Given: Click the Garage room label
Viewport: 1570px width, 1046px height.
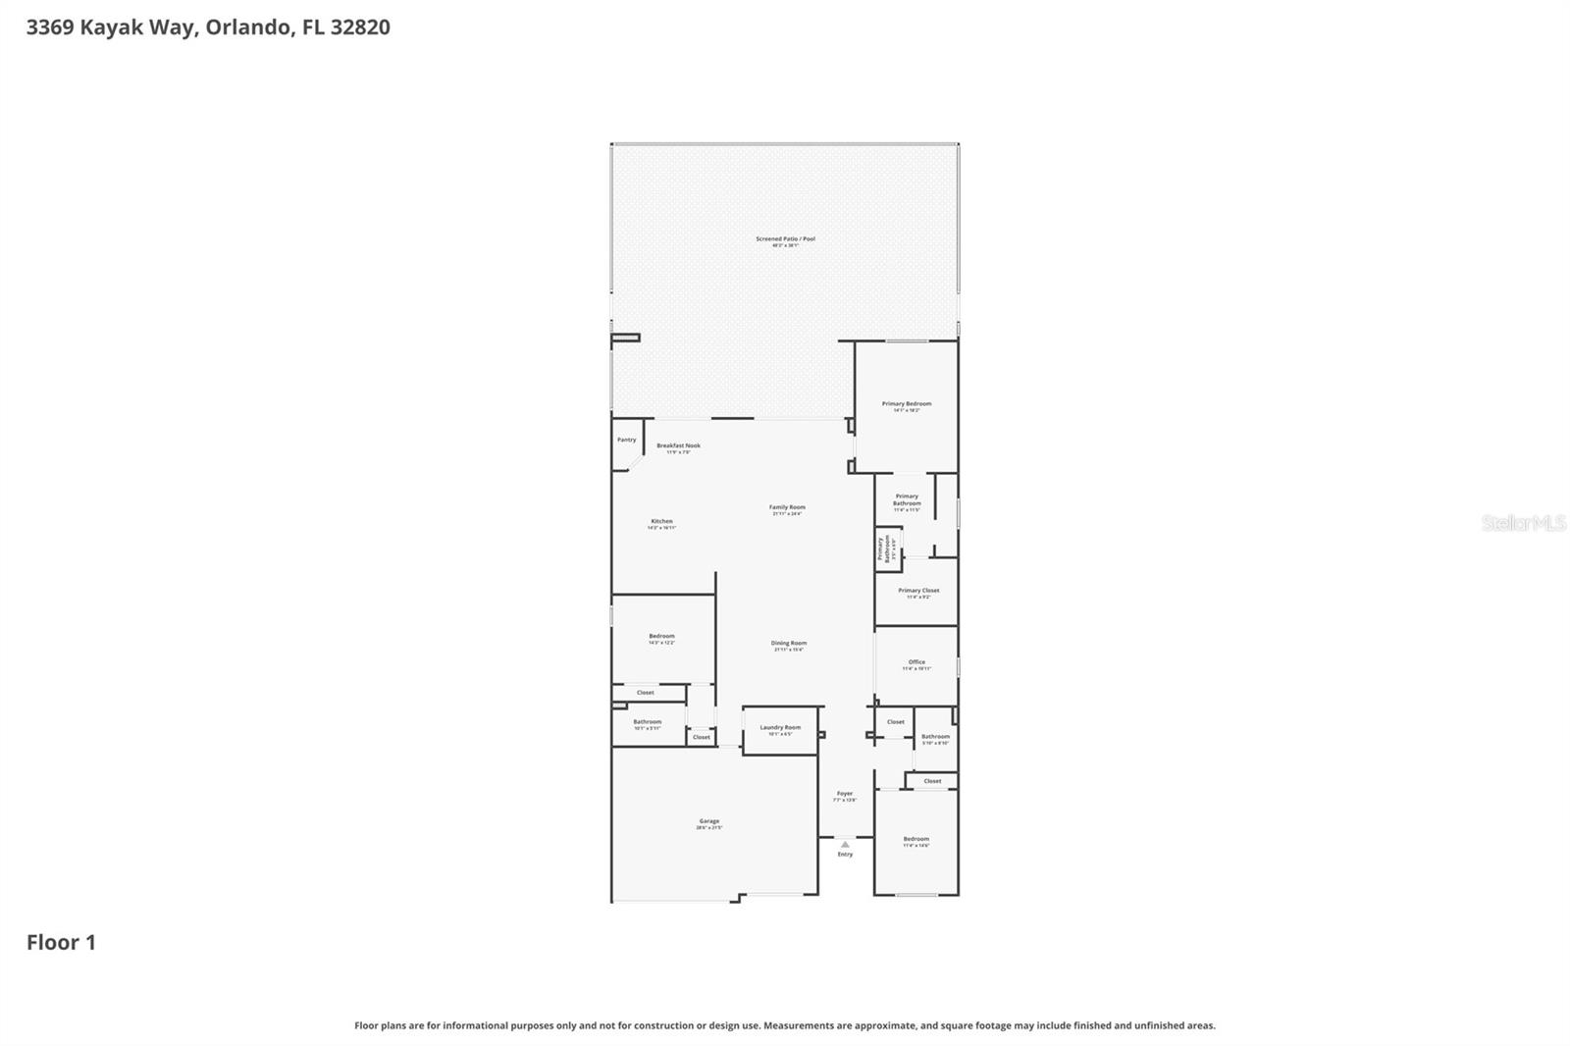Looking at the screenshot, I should [708, 822].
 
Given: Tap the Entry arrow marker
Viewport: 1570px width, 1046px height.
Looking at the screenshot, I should [845, 844].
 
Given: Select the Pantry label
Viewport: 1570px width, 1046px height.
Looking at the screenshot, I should [626, 440].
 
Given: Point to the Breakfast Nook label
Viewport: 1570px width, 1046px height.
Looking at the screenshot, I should [678, 446].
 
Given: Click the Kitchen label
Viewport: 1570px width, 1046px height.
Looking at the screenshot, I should [661, 522].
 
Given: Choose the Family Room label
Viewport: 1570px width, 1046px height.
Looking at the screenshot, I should [787, 508].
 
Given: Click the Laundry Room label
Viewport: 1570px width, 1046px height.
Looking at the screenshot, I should [780, 728].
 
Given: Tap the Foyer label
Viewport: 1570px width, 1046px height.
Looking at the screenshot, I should [845, 794].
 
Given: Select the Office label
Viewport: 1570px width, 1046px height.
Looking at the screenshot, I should [916, 662].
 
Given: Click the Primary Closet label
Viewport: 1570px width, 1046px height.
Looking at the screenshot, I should [918, 591].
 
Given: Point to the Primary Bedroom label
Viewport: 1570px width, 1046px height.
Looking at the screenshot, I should [906, 404].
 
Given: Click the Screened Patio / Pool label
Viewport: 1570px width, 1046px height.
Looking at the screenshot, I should [785, 239].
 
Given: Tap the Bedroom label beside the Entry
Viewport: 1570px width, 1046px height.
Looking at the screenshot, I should [916, 839].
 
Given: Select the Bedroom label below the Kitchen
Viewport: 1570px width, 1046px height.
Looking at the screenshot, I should [661, 637].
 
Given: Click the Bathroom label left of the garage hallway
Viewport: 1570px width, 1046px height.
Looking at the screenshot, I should [647, 722].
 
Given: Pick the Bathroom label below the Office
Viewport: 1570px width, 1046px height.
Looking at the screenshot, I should [935, 737].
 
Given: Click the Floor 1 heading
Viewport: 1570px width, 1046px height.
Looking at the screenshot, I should [61, 942].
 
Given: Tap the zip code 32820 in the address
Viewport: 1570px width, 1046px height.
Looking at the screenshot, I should [360, 26].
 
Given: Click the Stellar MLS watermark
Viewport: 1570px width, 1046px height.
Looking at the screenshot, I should [1523, 523].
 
